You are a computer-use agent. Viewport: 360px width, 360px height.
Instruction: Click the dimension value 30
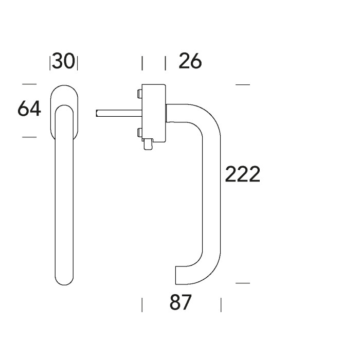[x=64, y=62]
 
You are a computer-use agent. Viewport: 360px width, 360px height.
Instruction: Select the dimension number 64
[x=29, y=109]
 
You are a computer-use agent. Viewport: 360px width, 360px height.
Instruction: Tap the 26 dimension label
[x=190, y=62]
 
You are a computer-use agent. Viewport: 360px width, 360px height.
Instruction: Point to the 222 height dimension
[x=243, y=175]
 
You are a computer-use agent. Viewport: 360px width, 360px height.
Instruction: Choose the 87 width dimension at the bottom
[x=180, y=303]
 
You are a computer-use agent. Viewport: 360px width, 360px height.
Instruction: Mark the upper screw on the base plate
[x=139, y=94]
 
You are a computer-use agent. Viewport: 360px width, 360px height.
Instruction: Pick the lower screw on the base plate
[x=139, y=134]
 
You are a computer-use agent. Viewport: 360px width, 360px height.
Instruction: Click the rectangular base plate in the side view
[x=153, y=113]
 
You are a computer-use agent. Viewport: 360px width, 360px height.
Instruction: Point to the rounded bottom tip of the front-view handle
[x=64, y=281]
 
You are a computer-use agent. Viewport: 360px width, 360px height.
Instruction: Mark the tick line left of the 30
[x=50, y=63]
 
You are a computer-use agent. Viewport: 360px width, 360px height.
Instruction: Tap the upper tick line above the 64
[x=29, y=84]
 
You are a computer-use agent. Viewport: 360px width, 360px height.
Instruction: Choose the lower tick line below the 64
[x=29, y=137]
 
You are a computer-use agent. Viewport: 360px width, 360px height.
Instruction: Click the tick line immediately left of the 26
[x=165, y=63]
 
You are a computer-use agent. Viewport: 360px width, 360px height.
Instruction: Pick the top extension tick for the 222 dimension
[x=242, y=84]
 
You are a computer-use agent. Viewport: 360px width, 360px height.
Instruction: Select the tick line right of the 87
[x=221, y=304]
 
